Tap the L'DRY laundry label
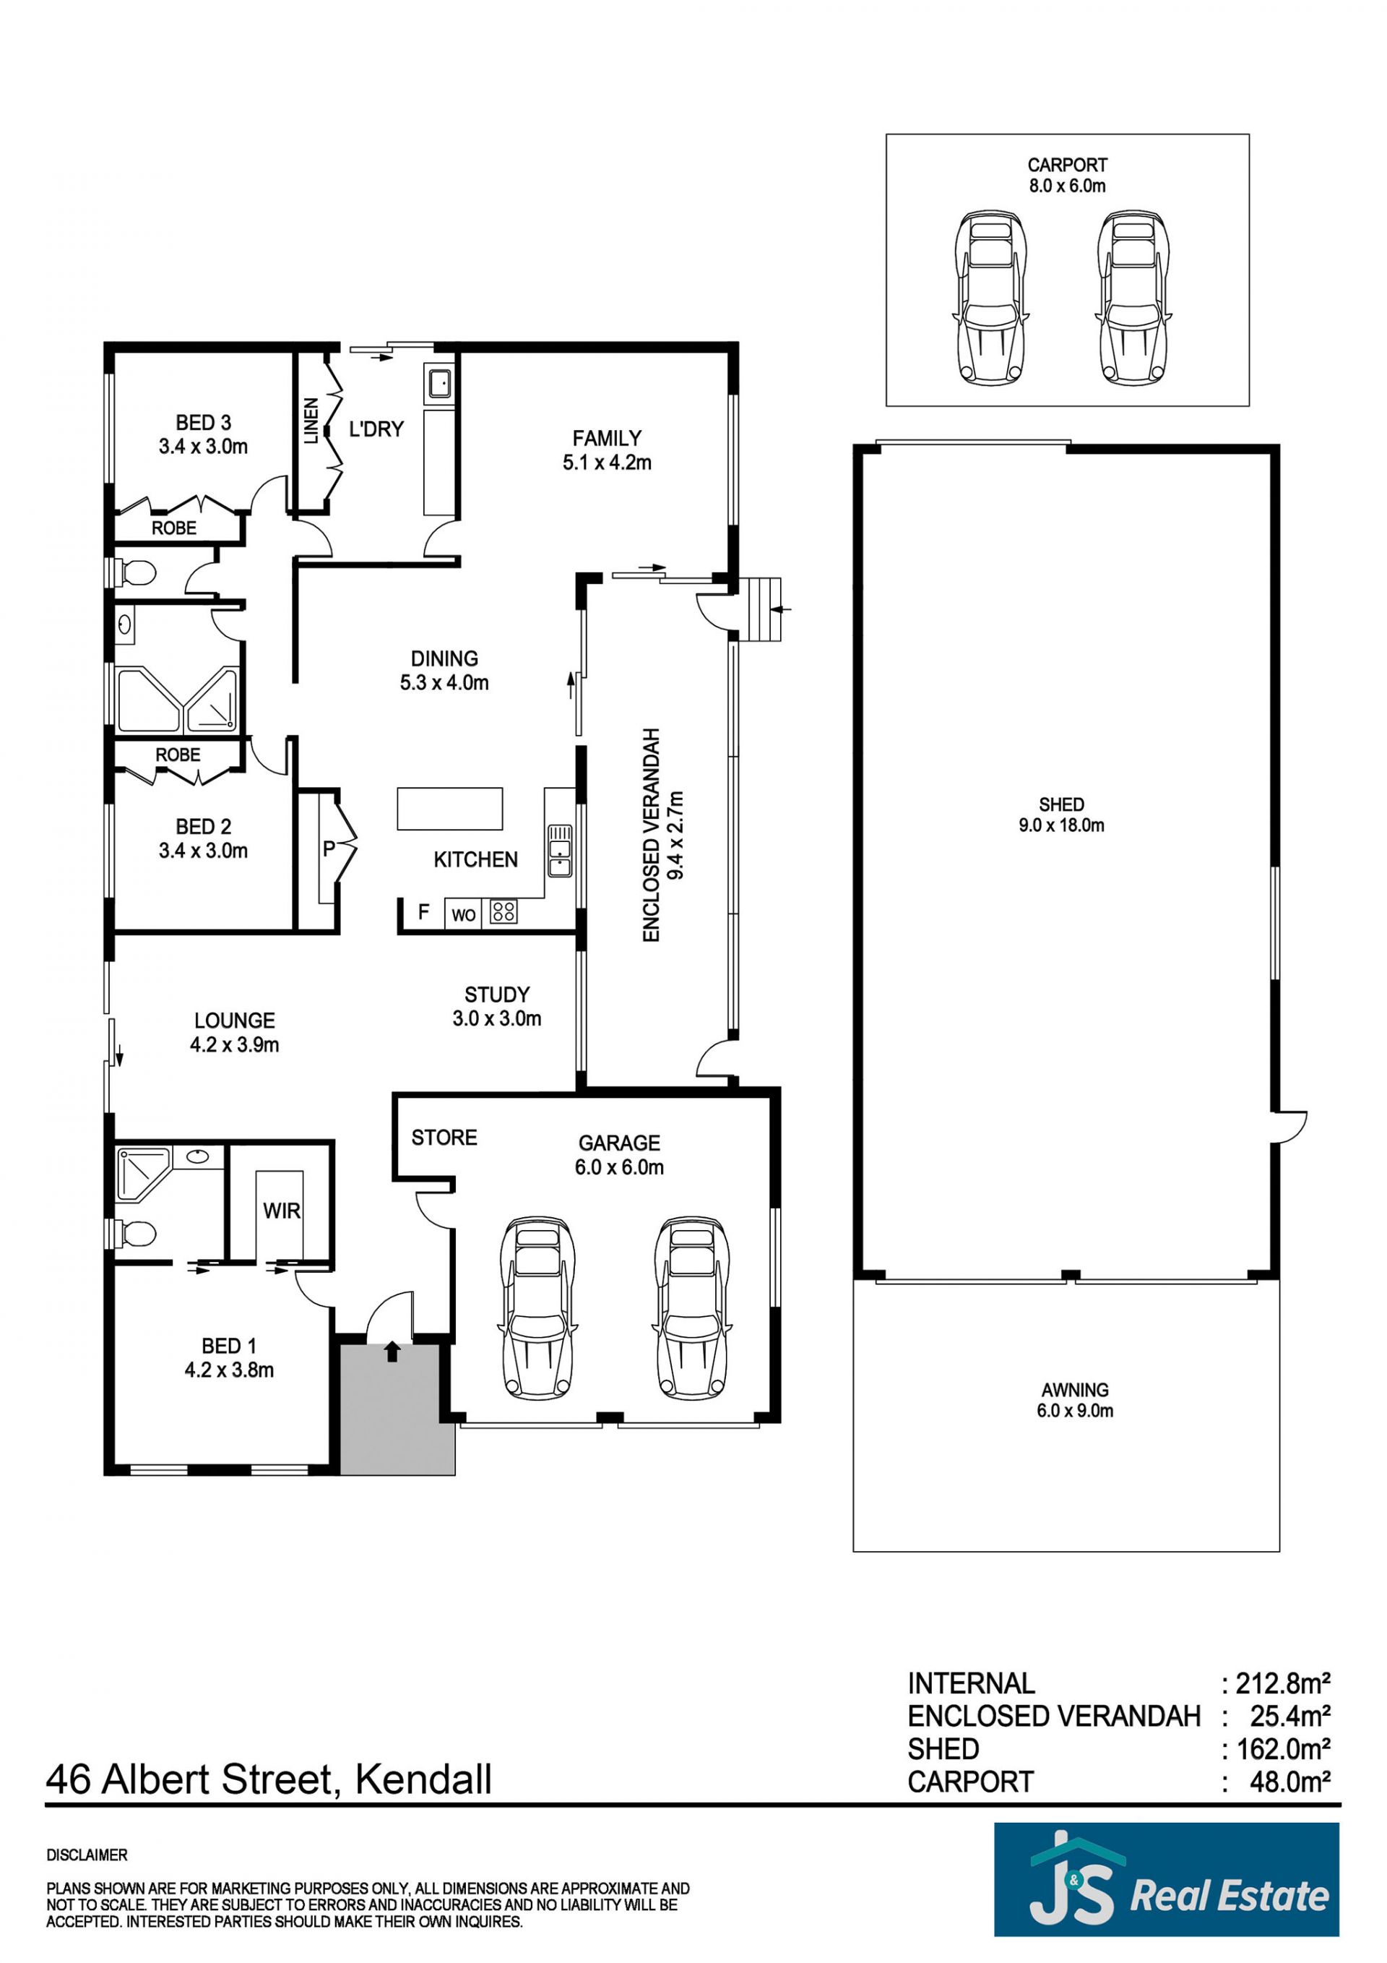[x=376, y=429]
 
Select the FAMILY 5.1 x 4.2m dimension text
[x=607, y=463]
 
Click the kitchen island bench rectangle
[x=449, y=808]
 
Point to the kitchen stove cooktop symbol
[x=504, y=912]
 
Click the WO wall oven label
[x=463, y=916]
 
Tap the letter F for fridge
[x=423, y=912]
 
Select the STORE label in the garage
[x=444, y=1137]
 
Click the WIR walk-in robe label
[x=281, y=1211]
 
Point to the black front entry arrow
[x=392, y=1351]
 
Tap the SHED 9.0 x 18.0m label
[x=1061, y=815]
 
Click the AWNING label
[x=1075, y=1390]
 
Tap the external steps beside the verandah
[x=761, y=609]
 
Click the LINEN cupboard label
[x=311, y=421]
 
